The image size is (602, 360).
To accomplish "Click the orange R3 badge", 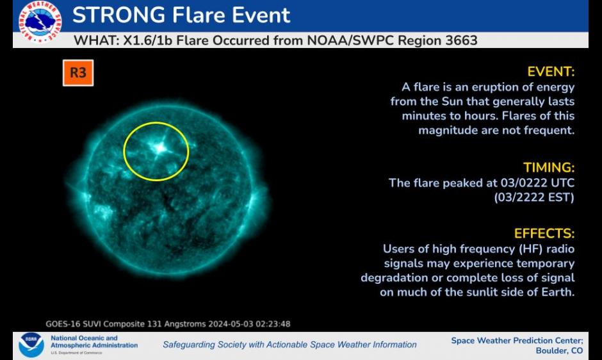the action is coord(78,72).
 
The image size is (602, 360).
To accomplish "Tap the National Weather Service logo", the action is coord(40,22).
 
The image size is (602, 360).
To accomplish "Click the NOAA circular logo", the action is coord(31,345).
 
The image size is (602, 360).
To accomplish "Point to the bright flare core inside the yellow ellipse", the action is coord(159,147).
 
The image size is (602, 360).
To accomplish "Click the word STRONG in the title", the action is coord(119,15).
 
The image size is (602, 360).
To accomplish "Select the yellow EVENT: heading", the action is coord(551,72).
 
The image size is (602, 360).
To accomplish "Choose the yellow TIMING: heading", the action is coord(549,168).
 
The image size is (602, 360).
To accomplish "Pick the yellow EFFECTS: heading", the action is coord(544,234).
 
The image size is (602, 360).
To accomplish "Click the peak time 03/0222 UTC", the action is coord(537,183).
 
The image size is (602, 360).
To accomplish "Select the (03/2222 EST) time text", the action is coord(534,197).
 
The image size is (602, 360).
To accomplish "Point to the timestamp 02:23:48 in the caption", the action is coord(273,324).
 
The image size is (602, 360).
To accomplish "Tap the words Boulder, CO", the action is coord(559,351).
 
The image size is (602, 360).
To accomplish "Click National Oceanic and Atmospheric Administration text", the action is coord(94,341).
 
